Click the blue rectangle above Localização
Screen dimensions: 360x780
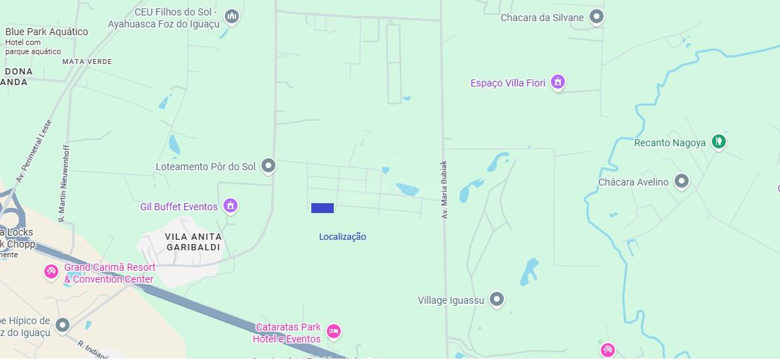point(323,208)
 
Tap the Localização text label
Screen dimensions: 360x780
point(342,237)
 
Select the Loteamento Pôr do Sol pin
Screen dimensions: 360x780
point(268,166)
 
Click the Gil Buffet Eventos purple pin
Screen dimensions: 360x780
point(230,205)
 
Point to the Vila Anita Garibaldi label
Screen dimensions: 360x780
point(193,242)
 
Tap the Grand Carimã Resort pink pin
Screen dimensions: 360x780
point(51,271)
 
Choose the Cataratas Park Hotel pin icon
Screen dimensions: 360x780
point(334,330)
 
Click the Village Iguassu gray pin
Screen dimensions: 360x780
point(497,300)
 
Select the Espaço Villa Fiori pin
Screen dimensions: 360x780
point(558,82)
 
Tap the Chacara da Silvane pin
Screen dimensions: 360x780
point(597,16)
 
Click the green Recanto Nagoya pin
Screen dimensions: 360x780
point(718,141)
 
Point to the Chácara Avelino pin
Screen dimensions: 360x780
point(681,181)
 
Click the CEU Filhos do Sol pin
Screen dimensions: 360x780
point(232,16)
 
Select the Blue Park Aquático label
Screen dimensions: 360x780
point(46,32)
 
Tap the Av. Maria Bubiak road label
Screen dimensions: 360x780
point(445,190)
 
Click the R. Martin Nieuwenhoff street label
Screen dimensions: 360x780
point(64,184)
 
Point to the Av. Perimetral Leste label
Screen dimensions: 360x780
point(34,151)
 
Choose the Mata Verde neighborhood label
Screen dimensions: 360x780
point(87,62)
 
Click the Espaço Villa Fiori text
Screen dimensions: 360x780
point(507,83)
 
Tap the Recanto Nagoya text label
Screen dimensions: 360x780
point(670,143)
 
